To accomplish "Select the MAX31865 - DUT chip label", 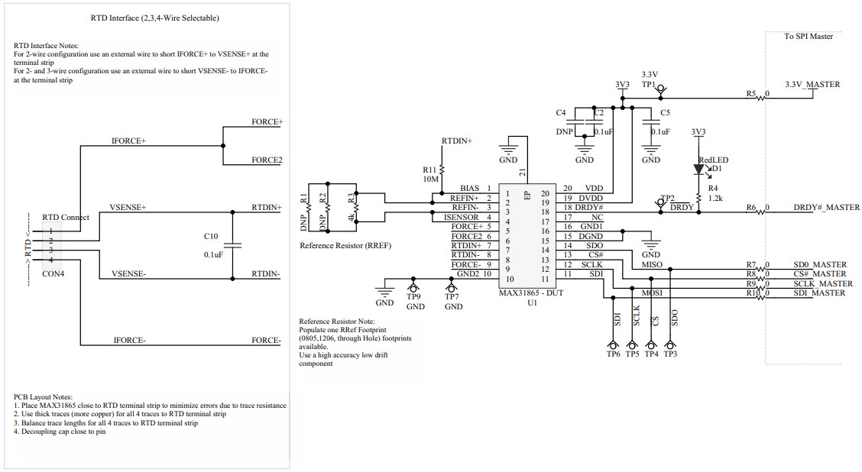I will click(533, 293).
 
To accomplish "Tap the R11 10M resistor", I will click(442, 173).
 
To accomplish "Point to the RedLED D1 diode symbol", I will click(698, 169).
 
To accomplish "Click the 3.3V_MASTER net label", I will click(812, 84).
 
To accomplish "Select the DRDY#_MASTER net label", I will click(826, 208).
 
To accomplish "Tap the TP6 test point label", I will click(613, 354).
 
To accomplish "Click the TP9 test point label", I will click(414, 296).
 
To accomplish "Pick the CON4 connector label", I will click(53, 273).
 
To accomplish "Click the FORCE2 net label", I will click(267, 160).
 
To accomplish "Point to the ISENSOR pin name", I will click(461, 218).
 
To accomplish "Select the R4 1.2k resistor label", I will click(713, 192).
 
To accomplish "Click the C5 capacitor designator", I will click(665, 112).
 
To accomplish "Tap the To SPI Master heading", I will click(809, 36).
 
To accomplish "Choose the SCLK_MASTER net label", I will click(823, 283).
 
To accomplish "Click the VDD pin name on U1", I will click(594, 188).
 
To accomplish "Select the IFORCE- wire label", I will click(129, 340).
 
